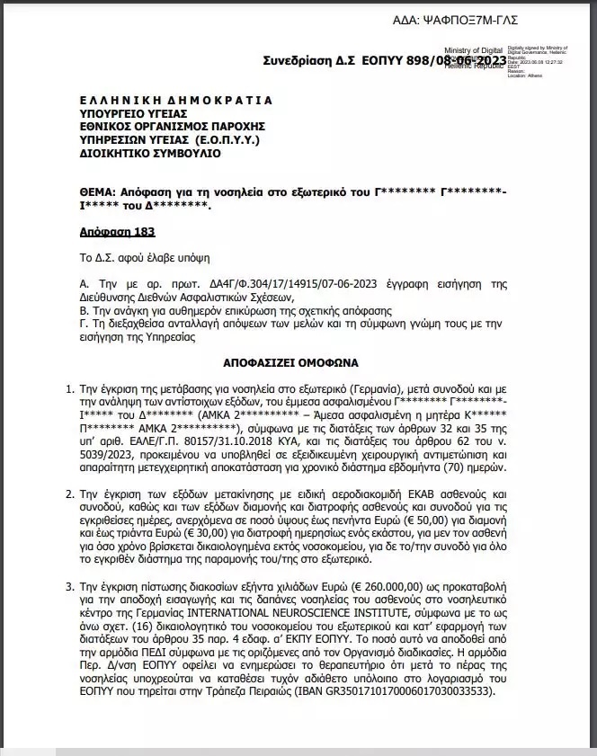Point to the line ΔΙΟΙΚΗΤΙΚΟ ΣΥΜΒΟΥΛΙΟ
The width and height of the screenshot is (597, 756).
[150, 154]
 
